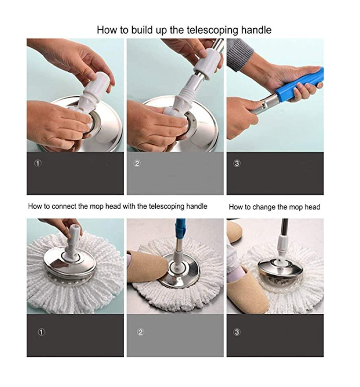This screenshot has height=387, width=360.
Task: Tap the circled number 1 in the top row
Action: click(38, 163)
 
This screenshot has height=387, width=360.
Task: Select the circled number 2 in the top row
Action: click(137, 163)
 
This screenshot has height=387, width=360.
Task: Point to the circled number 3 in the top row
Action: click(237, 163)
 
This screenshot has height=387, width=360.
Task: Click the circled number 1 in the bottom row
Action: click(41, 332)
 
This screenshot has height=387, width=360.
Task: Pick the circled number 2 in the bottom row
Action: click(140, 332)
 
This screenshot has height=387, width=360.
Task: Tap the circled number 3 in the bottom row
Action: click(237, 332)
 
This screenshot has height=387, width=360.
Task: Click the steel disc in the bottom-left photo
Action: click(70, 264)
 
